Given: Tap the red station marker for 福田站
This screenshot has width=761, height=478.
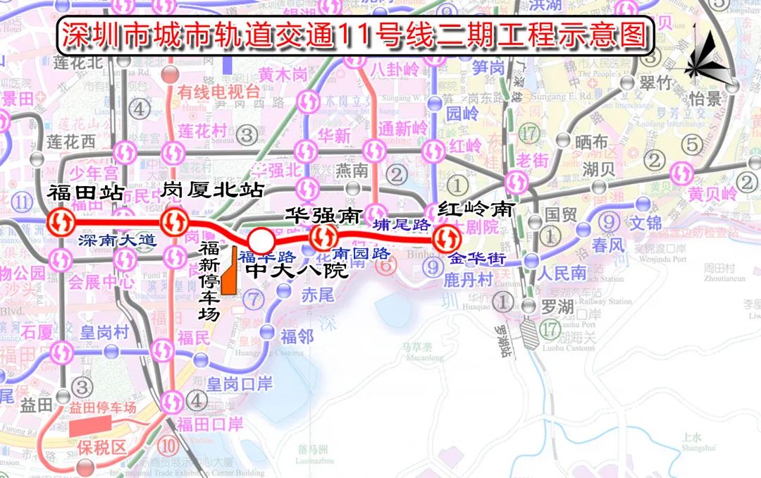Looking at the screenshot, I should [63, 223].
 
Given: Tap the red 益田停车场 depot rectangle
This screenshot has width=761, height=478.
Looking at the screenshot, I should [90, 425].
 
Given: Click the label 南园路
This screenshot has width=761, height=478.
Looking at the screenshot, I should [361, 252].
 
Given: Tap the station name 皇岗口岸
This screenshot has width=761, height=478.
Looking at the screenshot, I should [240, 384].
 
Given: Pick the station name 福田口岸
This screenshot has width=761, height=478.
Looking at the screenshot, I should [210, 424].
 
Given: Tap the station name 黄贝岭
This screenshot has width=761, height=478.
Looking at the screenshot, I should [712, 192].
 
